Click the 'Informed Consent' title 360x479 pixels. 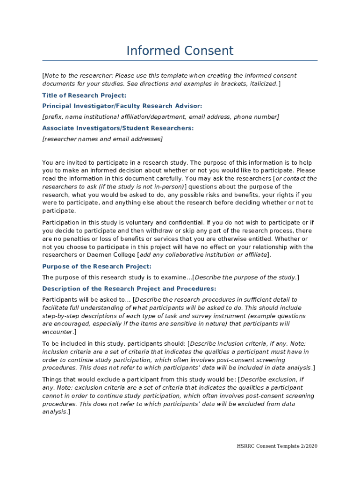pyautogui.click(x=180, y=51)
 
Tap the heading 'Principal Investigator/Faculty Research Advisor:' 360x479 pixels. pyautogui.click(x=122, y=106)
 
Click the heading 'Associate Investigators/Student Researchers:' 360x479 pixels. pyautogui.click(x=118, y=128)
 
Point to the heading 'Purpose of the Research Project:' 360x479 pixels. pyautogui.click(x=97, y=266)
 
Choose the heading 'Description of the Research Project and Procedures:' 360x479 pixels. pyautogui.click(x=129, y=289)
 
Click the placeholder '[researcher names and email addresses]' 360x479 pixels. pyautogui.click(x=102, y=139)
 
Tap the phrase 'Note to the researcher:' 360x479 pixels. pyautogui.click(x=79, y=76)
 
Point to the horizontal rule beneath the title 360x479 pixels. pyautogui.click(x=180, y=60)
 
